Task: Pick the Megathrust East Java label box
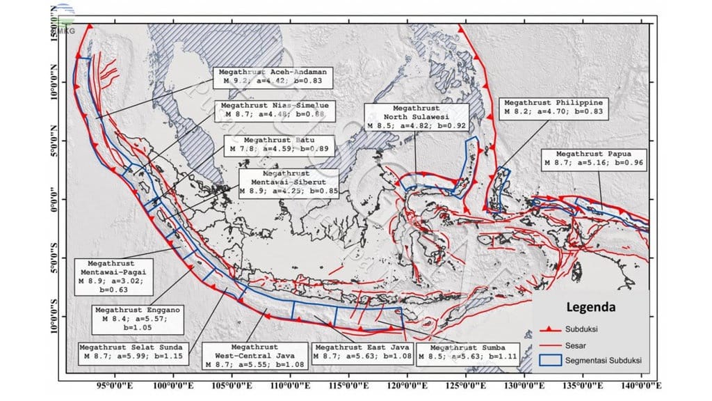click(362, 351)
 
